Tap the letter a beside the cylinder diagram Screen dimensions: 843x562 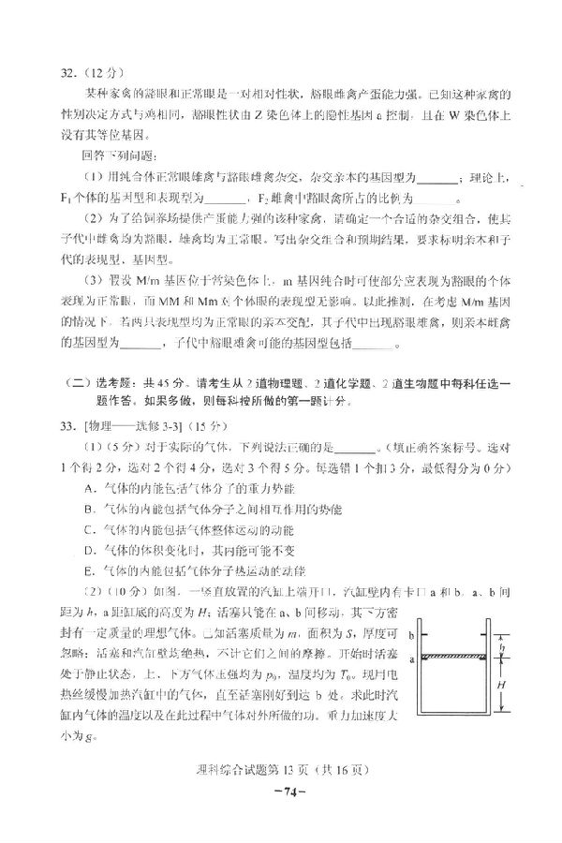pos(413,659)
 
